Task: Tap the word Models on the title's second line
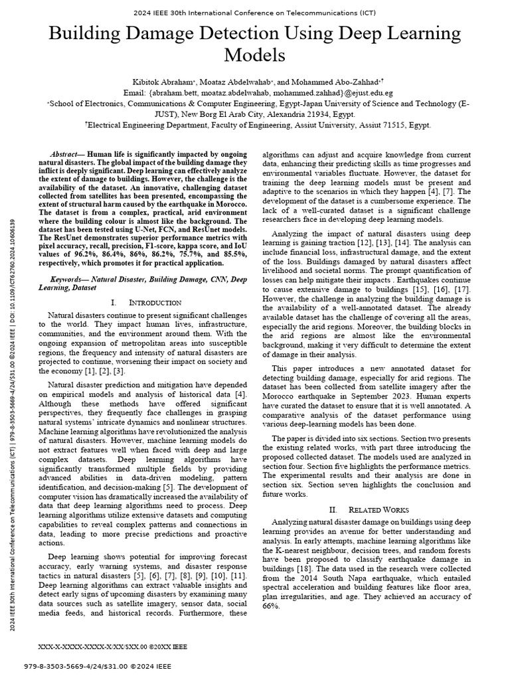click(255, 54)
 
